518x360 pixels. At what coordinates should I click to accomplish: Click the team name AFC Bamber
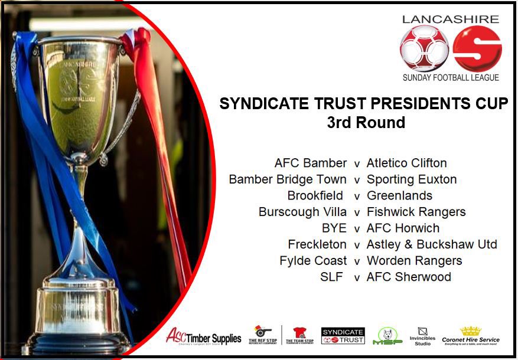click(x=311, y=163)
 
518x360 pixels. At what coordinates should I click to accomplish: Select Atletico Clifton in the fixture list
click(x=406, y=163)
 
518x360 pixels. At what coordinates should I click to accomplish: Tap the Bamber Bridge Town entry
click(x=288, y=179)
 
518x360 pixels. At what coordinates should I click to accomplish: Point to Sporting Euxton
click(x=411, y=179)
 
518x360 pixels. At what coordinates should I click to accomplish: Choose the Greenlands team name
click(x=399, y=195)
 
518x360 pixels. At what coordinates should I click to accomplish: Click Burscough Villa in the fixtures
click(x=302, y=212)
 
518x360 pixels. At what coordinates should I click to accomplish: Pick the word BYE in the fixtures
click(x=334, y=228)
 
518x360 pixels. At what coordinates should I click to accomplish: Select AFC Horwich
click(x=403, y=228)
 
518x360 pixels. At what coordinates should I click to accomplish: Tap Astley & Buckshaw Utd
click(x=432, y=244)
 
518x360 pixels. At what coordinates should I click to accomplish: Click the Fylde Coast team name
click(x=313, y=260)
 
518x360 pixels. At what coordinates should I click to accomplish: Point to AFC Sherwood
click(x=409, y=277)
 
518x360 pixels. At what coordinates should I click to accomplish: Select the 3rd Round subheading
click(x=366, y=123)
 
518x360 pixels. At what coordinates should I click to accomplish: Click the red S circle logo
click(x=477, y=49)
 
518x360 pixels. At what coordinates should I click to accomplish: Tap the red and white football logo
click(x=424, y=49)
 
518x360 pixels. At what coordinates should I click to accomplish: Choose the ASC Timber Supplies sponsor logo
click(x=204, y=337)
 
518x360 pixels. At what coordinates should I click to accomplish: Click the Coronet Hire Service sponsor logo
click(x=471, y=336)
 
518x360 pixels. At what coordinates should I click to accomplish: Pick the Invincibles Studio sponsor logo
click(x=422, y=336)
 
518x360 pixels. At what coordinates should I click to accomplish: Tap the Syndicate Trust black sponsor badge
click(x=343, y=336)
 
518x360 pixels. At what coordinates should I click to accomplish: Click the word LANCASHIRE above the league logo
click(x=450, y=19)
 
